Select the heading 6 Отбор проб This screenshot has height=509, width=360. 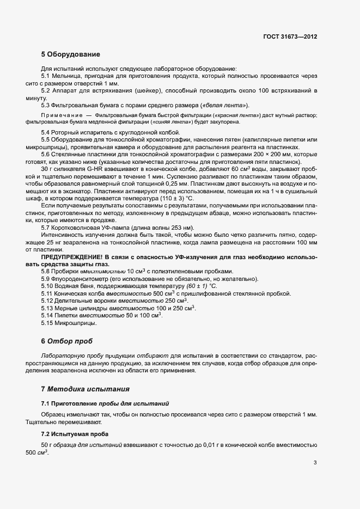[66, 341]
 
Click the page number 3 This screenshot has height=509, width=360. [315, 463]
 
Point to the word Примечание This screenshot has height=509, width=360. [61, 115]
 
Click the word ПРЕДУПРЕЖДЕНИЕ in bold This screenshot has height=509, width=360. [72, 242]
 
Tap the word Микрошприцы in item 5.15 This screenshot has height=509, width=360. [78, 323]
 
